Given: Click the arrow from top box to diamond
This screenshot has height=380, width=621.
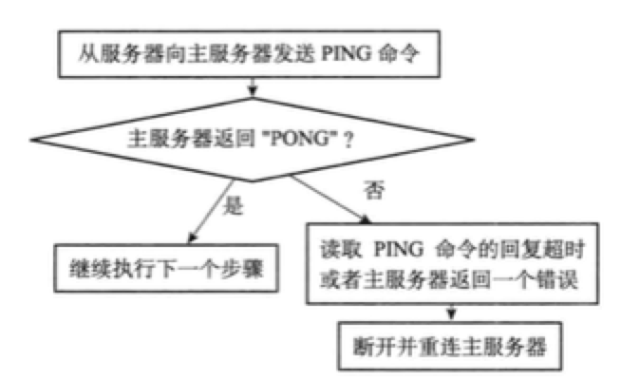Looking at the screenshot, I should (250, 86).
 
